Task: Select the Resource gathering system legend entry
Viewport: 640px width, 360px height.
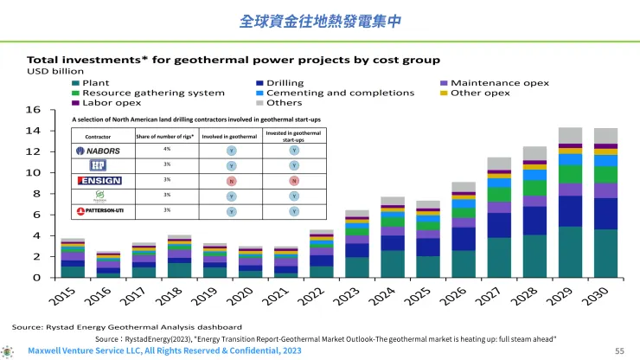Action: (146, 92)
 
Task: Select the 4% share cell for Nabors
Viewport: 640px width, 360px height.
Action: (166, 150)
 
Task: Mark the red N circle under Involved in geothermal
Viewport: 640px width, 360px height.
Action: (231, 180)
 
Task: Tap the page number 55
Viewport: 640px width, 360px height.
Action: (618, 350)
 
